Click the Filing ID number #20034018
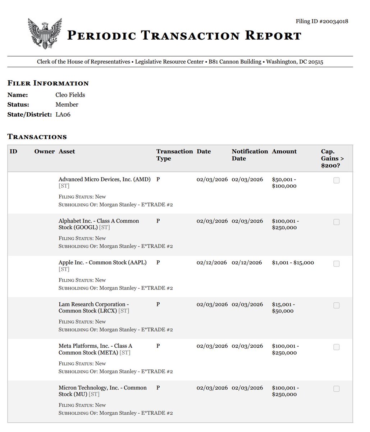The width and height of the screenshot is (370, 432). tap(321, 22)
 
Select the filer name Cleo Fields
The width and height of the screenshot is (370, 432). tap(70, 95)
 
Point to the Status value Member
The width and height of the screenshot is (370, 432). tap(67, 105)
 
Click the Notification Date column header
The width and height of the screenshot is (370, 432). tap(250, 155)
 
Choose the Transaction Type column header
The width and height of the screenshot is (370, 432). tap(174, 155)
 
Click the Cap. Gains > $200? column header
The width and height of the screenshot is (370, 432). tap(332, 158)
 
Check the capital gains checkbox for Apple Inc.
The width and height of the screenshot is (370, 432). tap(336, 264)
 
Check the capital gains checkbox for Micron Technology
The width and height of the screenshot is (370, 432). tap(336, 389)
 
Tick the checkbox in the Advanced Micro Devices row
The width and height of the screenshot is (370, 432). tap(336, 180)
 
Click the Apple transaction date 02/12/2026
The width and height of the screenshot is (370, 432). tap(212, 263)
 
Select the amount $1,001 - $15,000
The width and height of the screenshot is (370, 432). tap(293, 263)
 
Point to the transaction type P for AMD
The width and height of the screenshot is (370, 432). tap(158, 179)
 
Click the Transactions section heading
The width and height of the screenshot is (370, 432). tap(37, 137)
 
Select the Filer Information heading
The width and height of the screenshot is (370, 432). tap(48, 84)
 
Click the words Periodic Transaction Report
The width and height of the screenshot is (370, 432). tap(184, 35)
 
